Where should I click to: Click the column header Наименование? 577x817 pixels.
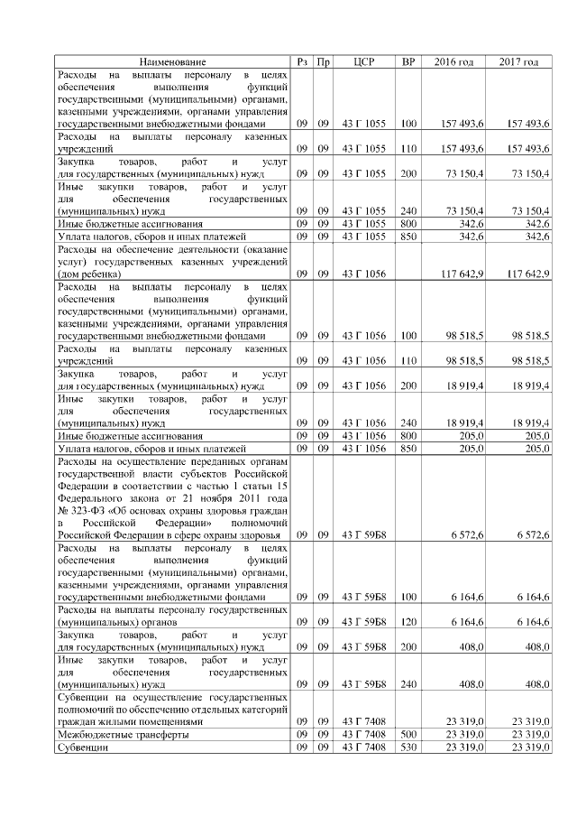[172, 61]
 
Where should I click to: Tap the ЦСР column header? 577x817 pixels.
[364, 61]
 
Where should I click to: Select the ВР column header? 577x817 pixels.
[408, 61]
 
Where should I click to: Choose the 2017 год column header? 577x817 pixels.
[519, 61]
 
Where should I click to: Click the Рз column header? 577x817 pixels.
[303, 61]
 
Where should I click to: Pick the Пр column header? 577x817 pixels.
[324, 61]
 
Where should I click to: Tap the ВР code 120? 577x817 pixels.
[408, 622]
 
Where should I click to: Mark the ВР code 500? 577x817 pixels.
[408, 735]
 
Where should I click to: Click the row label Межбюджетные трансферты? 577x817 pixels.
[123, 735]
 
